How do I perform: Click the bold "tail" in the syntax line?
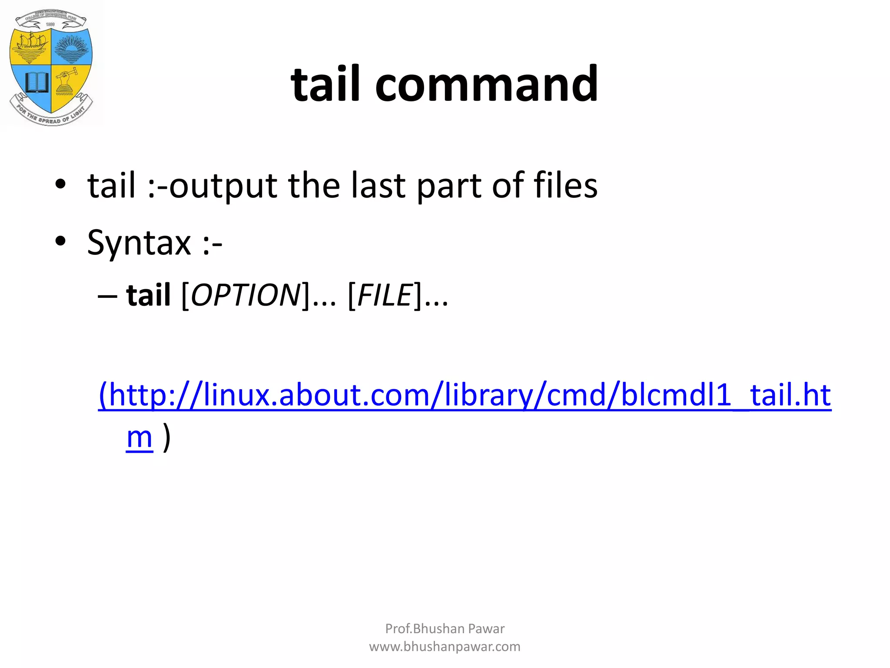click(148, 295)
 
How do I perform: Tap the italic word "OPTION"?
click(246, 295)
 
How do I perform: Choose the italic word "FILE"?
click(385, 295)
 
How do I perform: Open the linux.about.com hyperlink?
click(465, 395)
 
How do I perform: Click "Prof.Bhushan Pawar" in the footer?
click(445, 628)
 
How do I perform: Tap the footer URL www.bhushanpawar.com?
click(445, 647)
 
